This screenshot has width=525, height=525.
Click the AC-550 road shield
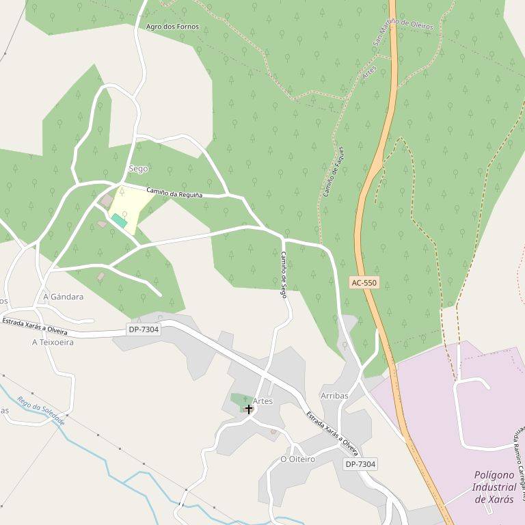click(364, 282)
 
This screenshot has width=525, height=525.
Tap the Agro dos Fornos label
click(172, 27)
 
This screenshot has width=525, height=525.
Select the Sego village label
click(138, 168)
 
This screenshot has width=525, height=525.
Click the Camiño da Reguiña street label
click(174, 194)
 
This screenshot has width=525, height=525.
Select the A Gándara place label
click(63, 297)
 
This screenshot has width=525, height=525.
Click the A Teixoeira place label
click(53, 342)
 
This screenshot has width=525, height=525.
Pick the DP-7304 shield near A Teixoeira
click(144, 329)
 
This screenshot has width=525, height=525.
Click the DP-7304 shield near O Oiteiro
click(360, 464)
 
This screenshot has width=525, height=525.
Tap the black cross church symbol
click(248, 409)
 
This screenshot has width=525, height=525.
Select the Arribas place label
click(334, 396)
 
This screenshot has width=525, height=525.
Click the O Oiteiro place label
click(298, 459)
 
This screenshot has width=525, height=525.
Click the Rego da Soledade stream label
click(41, 411)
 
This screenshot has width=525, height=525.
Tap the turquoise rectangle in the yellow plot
click(120, 221)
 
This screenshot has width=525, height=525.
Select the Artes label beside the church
click(262, 401)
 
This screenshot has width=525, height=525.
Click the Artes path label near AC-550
click(370, 75)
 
